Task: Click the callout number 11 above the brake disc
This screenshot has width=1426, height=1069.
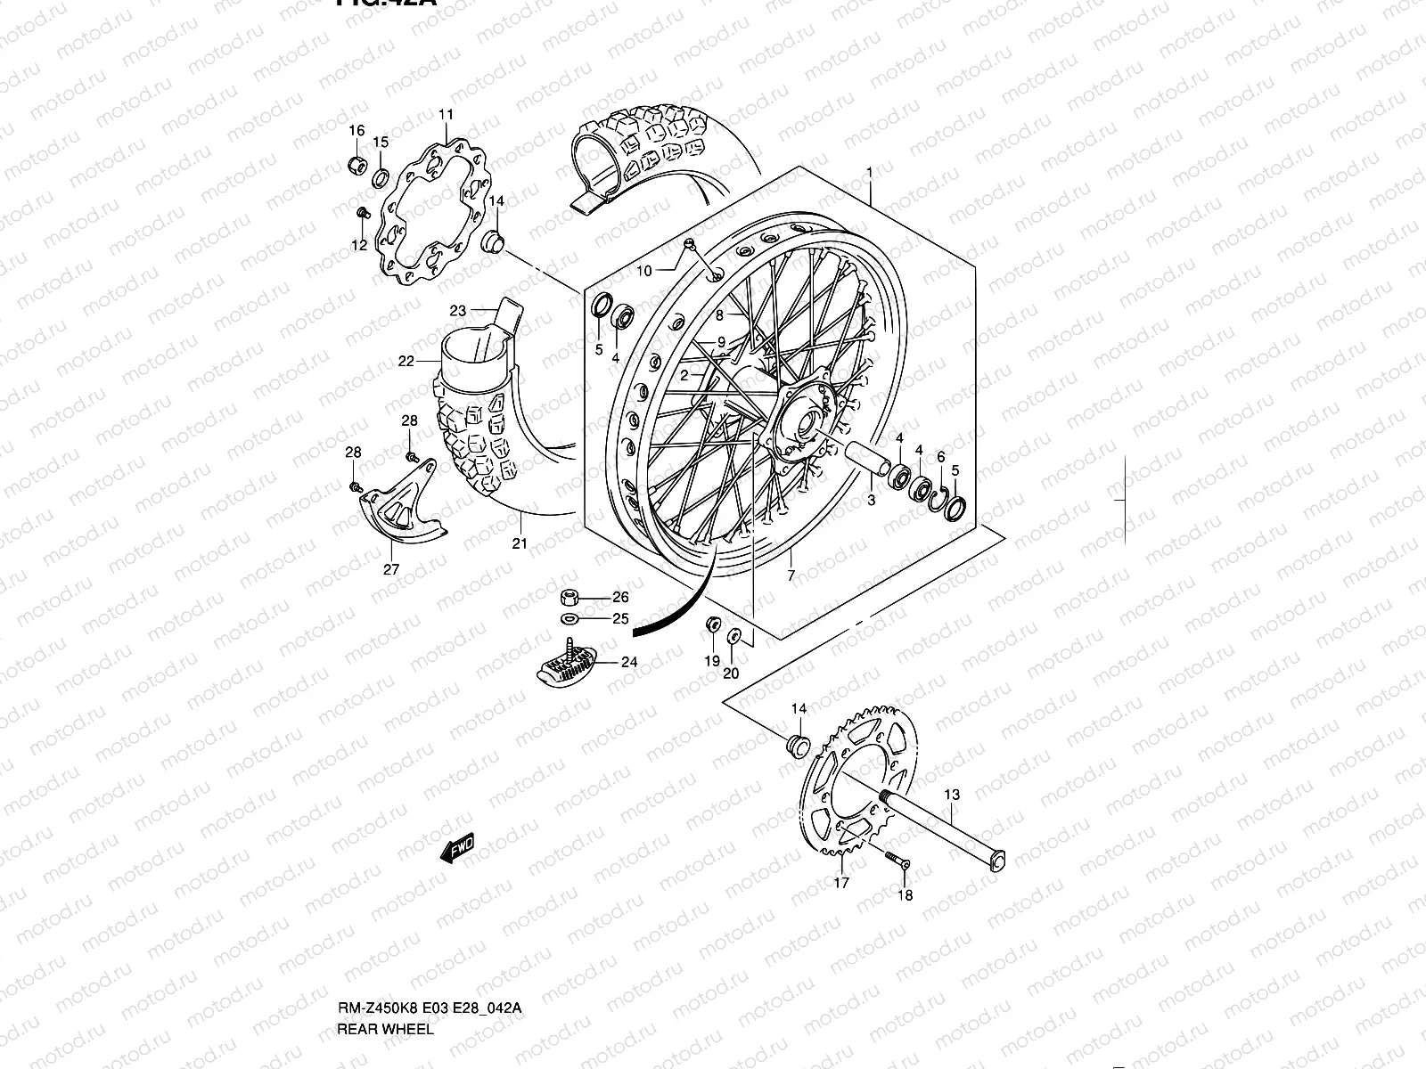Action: [x=446, y=114]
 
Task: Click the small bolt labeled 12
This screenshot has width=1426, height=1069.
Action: [x=363, y=213]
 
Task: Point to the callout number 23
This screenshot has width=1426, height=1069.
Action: [x=458, y=311]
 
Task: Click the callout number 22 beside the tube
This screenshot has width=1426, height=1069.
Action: [x=406, y=362]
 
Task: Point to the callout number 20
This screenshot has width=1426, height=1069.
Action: [x=731, y=673]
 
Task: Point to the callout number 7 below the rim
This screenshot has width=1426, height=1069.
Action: [x=791, y=576]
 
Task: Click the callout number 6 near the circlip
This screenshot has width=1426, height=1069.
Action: [x=940, y=456]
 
